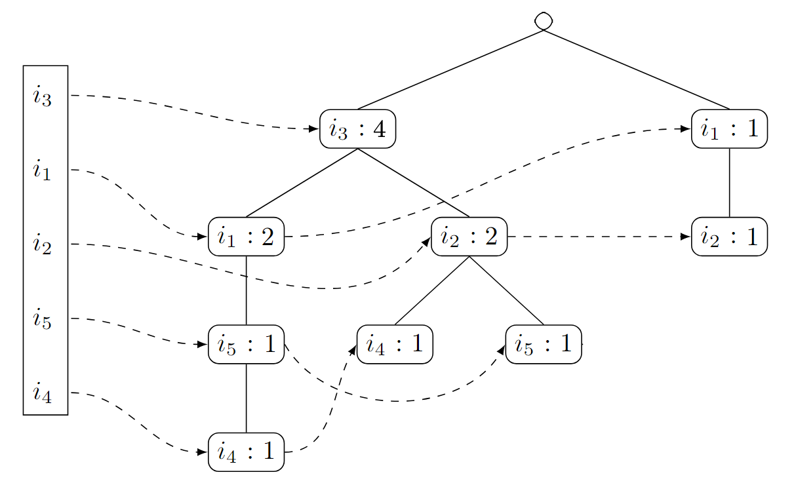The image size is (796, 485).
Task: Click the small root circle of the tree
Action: (x=544, y=21)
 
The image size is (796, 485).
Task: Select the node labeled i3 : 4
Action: (x=357, y=129)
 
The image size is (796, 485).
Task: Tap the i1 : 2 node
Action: (x=246, y=237)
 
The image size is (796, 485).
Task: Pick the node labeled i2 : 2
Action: (x=469, y=237)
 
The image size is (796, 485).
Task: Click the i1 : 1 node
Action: (x=729, y=129)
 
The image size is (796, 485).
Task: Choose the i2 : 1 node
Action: (x=729, y=237)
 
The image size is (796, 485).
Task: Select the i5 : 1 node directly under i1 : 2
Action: (x=246, y=344)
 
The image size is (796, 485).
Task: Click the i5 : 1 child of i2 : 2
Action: (x=544, y=344)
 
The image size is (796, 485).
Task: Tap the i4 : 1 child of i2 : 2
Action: (x=395, y=344)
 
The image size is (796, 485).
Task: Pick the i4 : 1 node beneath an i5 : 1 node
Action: (x=246, y=452)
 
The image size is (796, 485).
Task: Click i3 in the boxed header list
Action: (x=42, y=97)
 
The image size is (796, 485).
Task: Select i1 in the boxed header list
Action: (x=42, y=171)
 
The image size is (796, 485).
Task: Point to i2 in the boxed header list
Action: (x=42, y=245)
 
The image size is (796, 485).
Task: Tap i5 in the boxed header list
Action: (x=42, y=319)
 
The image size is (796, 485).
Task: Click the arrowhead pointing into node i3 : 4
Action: (x=314, y=128)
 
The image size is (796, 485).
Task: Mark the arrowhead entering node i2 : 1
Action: (x=686, y=237)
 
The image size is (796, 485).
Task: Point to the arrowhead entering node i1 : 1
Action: (x=686, y=128)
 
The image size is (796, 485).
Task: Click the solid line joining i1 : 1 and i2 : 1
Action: (x=729, y=183)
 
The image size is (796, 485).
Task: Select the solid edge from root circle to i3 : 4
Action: (x=450, y=69)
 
